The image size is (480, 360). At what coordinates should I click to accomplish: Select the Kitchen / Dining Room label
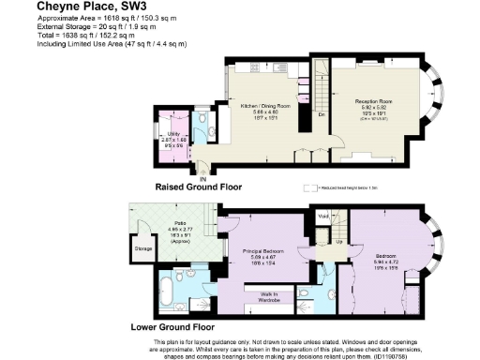coord(265,105)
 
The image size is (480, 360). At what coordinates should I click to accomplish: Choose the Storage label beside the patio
coord(142,249)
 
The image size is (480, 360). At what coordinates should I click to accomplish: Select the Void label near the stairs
coord(323,217)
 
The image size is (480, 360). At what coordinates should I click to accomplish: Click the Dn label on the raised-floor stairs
coord(321,114)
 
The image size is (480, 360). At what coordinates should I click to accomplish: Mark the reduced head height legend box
coord(307,187)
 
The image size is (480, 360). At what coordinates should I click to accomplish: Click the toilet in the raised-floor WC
coord(202,119)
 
